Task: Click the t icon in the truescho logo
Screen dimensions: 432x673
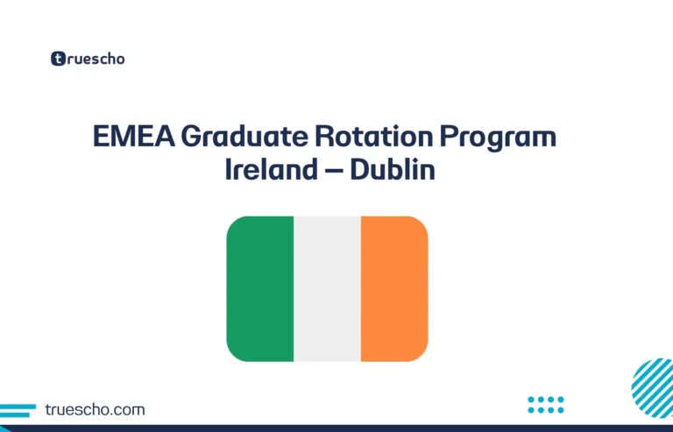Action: click(x=58, y=60)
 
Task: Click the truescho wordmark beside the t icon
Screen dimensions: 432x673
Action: click(x=95, y=60)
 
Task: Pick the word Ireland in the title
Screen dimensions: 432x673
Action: click(x=273, y=169)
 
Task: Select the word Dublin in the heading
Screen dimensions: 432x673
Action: click(x=393, y=169)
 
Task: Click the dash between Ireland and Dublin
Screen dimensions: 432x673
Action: click(x=334, y=171)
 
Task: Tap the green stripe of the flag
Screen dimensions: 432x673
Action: click(x=260, y=289)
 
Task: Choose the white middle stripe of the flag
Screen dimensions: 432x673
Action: click(x=327, y=289)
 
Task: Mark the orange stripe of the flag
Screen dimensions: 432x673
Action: click(x=394, y=289)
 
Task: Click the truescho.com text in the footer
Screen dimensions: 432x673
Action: click(x=95, y=409)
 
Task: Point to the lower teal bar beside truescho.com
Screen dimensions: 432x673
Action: click(x=12, y=414)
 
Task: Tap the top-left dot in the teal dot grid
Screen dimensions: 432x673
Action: click(x=532, y=400)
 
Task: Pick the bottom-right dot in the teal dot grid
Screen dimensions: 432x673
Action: click(x=561, y=409)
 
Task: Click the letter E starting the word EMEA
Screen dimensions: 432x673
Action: click(x=101, y=138)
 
